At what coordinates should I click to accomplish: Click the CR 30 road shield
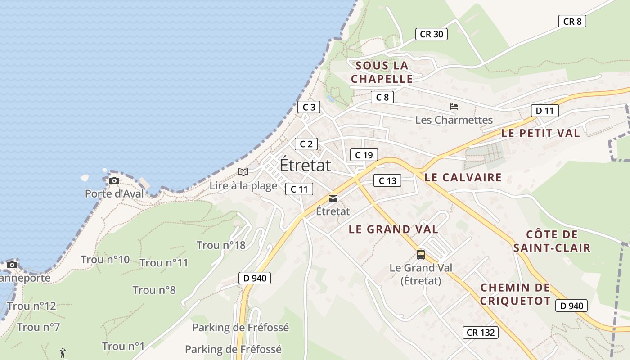click(x=431, y=34)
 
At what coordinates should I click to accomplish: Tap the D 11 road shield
click(x=544, y=111)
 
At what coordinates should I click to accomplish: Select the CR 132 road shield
click(x=481, y=333)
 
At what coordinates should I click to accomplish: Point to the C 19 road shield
click(x=364, y=155)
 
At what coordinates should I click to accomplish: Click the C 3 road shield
click(x=309, y=107)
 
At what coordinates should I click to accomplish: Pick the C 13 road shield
click(x=387, y=181)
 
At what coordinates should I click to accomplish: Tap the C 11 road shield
click(x=299, y=189)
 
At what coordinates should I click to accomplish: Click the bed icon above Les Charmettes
click(x=454, y=107)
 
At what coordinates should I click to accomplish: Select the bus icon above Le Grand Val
click(x=420, y=255)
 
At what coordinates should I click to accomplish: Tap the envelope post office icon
click(x=333, y=198)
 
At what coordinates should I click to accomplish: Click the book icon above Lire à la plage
click(x=243, y=172)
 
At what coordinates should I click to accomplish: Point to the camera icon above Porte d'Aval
click(x=114, y=181)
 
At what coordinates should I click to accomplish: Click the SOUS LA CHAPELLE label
click(x=382, y=72)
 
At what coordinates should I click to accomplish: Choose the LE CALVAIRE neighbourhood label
click(x=463, y=177)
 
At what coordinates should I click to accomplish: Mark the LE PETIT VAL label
click(x=540, y=133)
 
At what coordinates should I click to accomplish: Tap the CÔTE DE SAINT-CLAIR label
click(x=552, y=241)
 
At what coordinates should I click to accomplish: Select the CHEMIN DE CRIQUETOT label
click(x=515, y=294)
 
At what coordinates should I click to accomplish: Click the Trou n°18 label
click(x=221, y=245)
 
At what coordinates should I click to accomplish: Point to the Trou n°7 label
click(x=38, y=327)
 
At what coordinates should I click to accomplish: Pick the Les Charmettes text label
click(x=454, y=120)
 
